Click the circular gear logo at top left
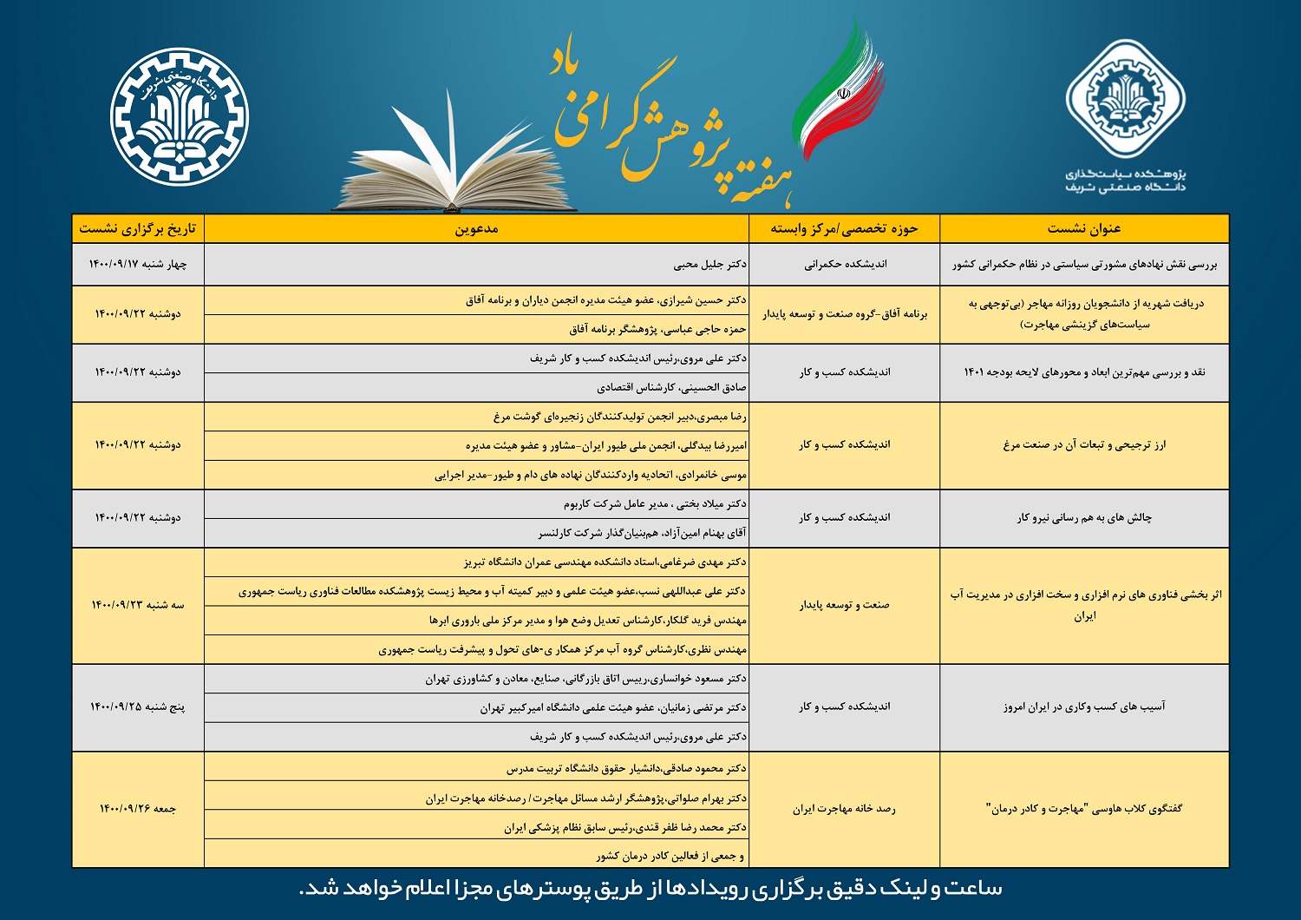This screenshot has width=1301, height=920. click(x=180, y=117)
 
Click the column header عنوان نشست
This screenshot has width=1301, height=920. click(x=1084, y=228)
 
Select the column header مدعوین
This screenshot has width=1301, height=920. click(x=476, y=228)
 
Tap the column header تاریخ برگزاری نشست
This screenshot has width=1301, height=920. click(x=138, y=228)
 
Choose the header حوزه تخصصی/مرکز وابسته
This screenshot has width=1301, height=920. click(x=844, y=228)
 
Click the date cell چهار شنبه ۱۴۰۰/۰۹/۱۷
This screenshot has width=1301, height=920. click(x=138, y=264)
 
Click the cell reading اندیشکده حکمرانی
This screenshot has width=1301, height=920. click(x=844, y=264)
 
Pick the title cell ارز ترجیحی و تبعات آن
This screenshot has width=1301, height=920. click(x=1084, y=445)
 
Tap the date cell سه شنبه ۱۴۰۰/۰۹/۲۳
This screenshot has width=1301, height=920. click(x=138, y=605)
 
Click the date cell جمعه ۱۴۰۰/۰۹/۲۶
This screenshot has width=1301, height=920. click(x=138, y=809)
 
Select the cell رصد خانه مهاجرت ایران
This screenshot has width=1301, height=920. click(x=844, y=809)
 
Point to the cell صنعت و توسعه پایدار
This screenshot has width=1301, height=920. click(x=844, y=605)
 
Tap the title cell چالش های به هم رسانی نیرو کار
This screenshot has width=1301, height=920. click(x=1084, y=518)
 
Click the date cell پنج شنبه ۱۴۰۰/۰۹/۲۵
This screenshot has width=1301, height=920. click(x=138, y=707)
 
